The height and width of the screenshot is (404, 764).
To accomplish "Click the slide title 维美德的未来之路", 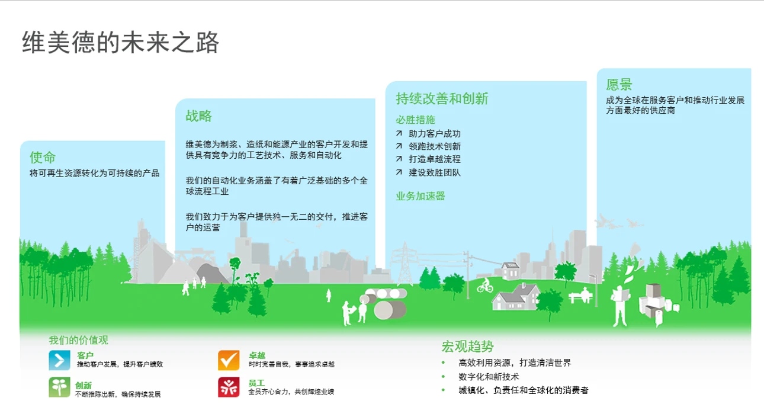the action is click(120, 42).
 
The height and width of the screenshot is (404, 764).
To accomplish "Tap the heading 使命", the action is click(43, 158).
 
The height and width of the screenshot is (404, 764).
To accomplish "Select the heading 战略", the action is click(198, 116).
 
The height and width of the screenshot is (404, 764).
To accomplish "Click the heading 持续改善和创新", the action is click(442, 98).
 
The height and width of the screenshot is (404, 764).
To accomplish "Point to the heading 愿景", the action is click(619, 84).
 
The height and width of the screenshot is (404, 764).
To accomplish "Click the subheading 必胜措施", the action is click(415, 120).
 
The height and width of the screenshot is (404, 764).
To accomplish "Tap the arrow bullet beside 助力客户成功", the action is click(399, 133).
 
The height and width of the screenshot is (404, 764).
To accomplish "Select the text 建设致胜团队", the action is click(435, 172).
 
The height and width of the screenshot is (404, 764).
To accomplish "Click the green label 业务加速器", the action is click(420, 196).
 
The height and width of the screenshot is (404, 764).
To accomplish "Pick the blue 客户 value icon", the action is click(59, 360).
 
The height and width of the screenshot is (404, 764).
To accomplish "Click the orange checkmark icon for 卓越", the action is click(229, 360).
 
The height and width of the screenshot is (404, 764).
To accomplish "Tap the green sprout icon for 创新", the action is click(59, 387).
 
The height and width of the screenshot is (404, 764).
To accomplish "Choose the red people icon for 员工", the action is click(229, 387).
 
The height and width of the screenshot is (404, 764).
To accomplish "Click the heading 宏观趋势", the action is click(467, 347).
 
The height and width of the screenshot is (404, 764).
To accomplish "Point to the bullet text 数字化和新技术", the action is click(489, 377).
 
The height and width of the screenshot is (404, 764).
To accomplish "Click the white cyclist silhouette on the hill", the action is click(485, 286).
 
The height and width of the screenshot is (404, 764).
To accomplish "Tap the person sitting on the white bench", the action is click(586, 294).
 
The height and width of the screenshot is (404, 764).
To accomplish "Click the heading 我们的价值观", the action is click(78, 340).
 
